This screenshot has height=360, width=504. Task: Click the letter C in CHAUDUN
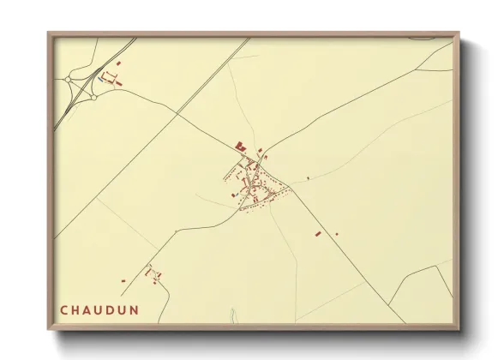[x=64, y=309]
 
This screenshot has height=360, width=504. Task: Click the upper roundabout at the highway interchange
[x=68, y=80]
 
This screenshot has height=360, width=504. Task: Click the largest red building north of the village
[x=240, y=147]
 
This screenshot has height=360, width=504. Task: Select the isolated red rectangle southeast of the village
[x=317, y=233]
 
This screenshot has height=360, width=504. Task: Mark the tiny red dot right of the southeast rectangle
[x=336, y=234]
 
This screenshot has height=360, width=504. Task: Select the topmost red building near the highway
[x=119, y=63]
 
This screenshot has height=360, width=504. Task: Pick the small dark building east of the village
[x=309, y=177]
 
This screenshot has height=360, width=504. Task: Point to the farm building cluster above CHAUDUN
[x=153, y=273]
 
